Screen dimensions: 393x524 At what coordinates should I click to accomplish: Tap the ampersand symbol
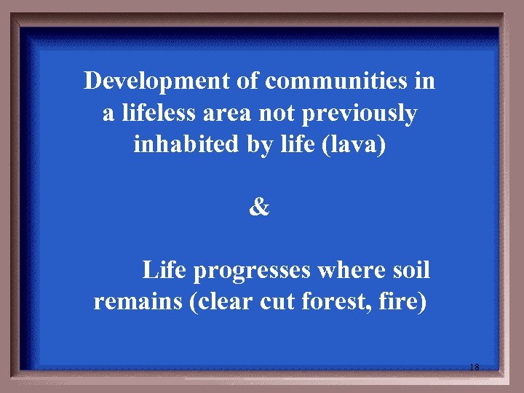point(259,208)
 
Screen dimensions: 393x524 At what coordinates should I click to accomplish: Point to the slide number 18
point(474,368)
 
